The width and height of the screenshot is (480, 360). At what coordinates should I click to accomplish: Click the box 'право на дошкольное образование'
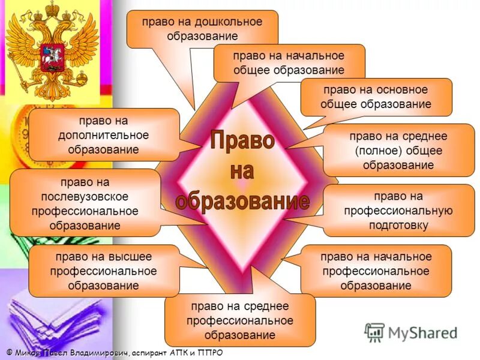click(x=202, y=29)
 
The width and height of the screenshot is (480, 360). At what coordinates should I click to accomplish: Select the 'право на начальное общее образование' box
click(x=289, y=63)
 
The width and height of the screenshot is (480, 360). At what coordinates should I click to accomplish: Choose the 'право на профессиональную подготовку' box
click(x=398, y=211)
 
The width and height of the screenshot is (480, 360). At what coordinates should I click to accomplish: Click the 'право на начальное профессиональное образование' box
click(x=376, y=271)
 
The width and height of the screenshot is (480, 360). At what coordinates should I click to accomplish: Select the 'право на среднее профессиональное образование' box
click(x=239, y=320)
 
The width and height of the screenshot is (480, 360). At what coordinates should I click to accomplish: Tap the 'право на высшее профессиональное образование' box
click(x=103, y=271)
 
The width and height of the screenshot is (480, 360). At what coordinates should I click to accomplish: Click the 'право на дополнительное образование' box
click(x=103, y=134)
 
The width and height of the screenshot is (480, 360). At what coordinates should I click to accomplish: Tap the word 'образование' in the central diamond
click(x=242, y=201)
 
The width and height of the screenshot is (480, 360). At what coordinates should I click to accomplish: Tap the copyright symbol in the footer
click(x=10, y=352)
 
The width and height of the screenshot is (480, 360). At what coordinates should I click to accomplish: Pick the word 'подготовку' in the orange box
click(x=398, y=226)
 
